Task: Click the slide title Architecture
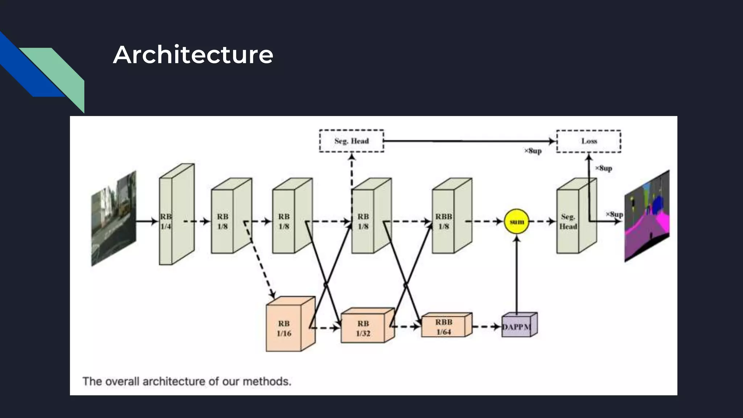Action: click(193, 55)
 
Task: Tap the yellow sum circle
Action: click(517, 221)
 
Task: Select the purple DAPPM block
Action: click(517, 327)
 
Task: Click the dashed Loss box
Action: click(588, 141)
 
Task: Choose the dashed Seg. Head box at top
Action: click(351, 141)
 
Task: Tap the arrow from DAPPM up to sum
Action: click(517, 276)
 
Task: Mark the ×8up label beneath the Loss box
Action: click(603, 168)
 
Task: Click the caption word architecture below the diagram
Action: click(174, 381)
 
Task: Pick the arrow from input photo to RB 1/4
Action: click(147, 221)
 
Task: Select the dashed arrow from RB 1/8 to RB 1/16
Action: click(259, 259)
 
